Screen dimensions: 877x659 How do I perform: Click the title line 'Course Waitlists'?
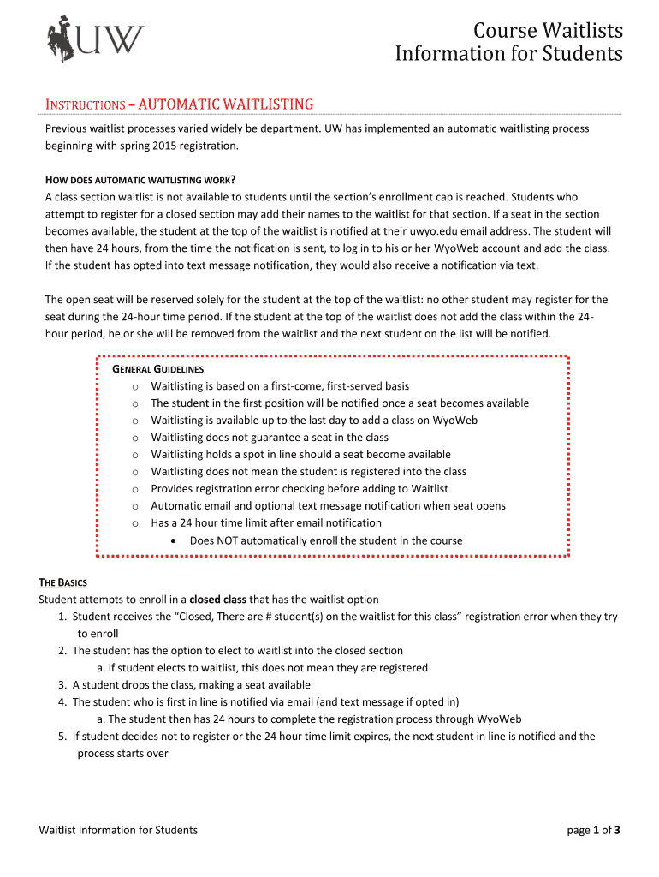pyautogui.click(x=549, y=32)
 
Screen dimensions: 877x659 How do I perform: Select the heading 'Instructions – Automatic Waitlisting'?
pyautogui.click(x=179, y=104)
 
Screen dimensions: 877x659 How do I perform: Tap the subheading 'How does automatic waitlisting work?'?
pyautogui.click(x=140, y=180)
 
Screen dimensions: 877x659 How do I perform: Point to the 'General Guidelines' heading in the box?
pyautogui.click(x=158, y=369)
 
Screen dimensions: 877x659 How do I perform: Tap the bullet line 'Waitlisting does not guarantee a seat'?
pyautogui.click(x=270, y=438)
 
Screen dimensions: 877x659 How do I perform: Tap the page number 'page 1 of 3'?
pyautogui.click(x=593, y=830)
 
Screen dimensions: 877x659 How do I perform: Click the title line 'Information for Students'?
pyautogui.click(x=508, y=54)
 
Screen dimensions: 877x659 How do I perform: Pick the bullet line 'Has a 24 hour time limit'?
pyautogui.click(x=266, y=523)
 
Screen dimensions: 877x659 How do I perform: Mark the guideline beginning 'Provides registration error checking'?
pyautogui.click(x=300, y=489)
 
